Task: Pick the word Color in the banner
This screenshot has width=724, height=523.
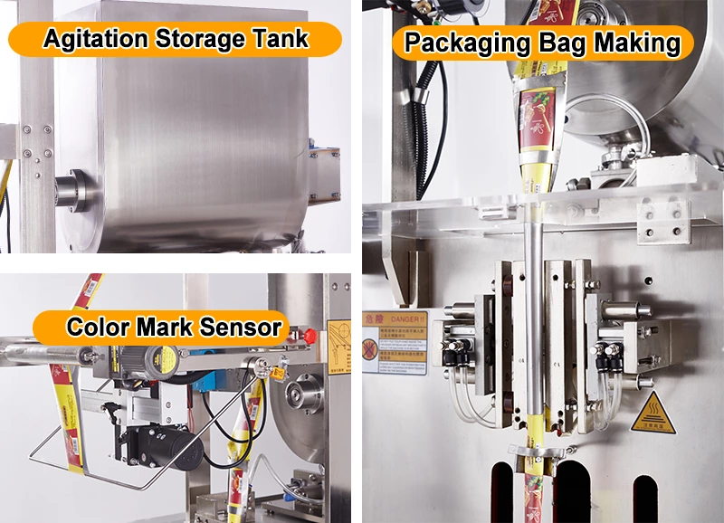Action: tap(100, 326)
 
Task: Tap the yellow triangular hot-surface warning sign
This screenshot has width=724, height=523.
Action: tap(648, 409)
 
